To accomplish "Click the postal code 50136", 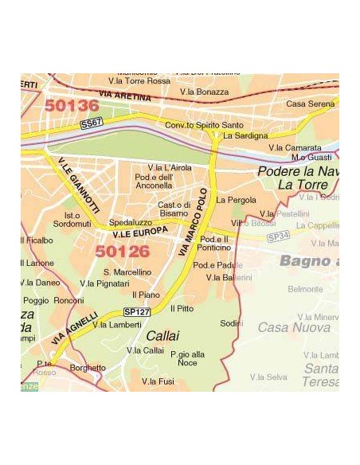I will [x=72, y=105].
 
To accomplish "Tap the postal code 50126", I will [x=123, y=252].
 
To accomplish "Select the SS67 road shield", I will [x=92, y=123].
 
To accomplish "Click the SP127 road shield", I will [x=136, y=312].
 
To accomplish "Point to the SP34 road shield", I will [x=277, y=236].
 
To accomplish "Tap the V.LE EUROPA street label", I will [x=140, y=232].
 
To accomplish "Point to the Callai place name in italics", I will [x=162, y=336].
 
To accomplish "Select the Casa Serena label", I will [x=310, y=104].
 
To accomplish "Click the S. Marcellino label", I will [x=127, y=272].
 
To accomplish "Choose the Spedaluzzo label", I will [x=130, y=222].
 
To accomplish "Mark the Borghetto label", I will [x=88, y=368].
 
